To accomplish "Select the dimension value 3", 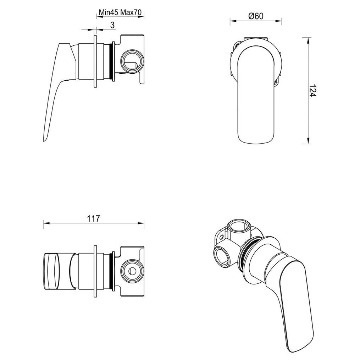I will point(112,25).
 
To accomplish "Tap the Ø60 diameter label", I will point(256,16).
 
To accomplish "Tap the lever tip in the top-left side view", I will point(45,140).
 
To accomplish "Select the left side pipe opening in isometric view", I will point(222,255).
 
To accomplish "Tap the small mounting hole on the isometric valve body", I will point(221,237).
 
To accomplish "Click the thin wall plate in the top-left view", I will point(95,61).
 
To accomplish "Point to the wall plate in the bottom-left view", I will point(95,271).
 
